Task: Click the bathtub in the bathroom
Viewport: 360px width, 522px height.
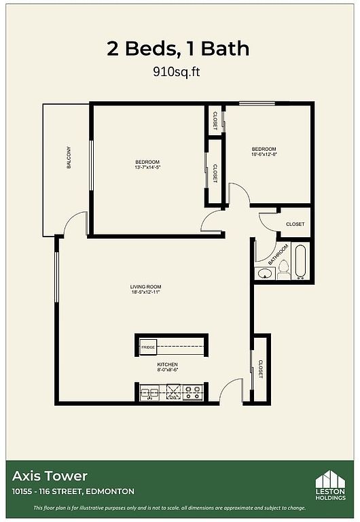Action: click(x=300, y=262)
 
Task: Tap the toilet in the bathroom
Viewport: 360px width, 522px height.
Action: click(x=284, y=269)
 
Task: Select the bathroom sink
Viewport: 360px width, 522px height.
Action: click(x=265, y=274)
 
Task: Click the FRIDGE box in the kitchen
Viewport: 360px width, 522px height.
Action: click(x=148, y=347)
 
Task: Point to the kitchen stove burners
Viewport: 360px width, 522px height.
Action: click(x=193, y=392)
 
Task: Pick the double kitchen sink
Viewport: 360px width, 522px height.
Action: click(x=149, y=392)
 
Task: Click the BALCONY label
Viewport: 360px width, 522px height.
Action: click(x=69, y=158)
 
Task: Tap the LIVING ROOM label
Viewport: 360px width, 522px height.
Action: click(x=146, y=287)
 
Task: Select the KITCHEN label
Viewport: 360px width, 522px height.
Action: click(x=167, y=364)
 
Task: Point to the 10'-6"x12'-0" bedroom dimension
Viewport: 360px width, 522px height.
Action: click(x=264, y=154)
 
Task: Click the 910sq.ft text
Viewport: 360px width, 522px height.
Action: click(x=177, y=71)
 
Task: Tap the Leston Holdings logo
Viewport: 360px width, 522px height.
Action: click(x=330, y=485)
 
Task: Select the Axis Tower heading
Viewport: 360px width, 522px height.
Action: click(x=50, y=476)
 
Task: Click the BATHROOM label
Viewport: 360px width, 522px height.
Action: click(x=278, y=255)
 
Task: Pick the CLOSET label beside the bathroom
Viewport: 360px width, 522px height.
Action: click(x=295, y=224)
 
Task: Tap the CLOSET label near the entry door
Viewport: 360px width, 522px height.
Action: click(x=261, y=369)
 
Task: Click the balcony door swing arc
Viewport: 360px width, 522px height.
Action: click(x=73, y=219)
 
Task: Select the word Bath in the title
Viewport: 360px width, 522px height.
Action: click(x=225, y=49)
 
